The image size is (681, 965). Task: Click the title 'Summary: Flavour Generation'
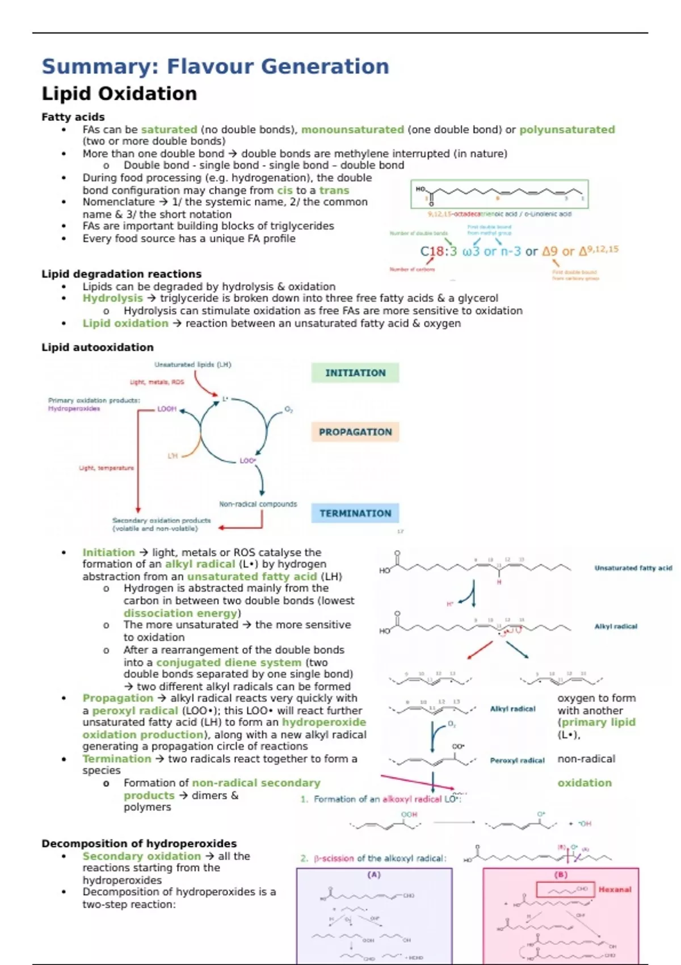tap(215, 66)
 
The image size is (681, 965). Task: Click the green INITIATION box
tap(355, 372)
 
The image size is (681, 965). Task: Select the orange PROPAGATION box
tap(355, 431)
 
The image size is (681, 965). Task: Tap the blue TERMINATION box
tap(355, 513)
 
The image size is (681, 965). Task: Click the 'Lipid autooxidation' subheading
tap(98, 347)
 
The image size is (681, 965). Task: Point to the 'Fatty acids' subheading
tap(73, 117)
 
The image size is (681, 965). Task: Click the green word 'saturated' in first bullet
tap(169, 129)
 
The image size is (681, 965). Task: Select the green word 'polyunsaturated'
tap(567, 129)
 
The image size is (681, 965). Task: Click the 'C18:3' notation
tap(438, 251)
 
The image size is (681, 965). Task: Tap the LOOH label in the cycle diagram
tap(167, 409)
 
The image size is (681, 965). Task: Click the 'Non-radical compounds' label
tap(258, 504)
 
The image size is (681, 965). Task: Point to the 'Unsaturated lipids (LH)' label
tap(193, 364)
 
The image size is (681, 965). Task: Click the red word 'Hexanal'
tap(615, 890)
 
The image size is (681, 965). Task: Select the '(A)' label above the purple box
tap(373, 875)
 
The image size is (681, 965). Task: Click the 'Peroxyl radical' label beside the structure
tap(517, 760)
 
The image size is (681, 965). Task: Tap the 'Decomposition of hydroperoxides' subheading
tap(139, 844)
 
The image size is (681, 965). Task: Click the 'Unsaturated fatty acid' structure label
tap(633, 568)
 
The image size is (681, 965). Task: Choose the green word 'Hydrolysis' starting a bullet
tap(112, 298)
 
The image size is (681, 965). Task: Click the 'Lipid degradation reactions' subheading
tap(121, 274)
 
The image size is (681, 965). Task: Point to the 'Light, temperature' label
tap(107, 468)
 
